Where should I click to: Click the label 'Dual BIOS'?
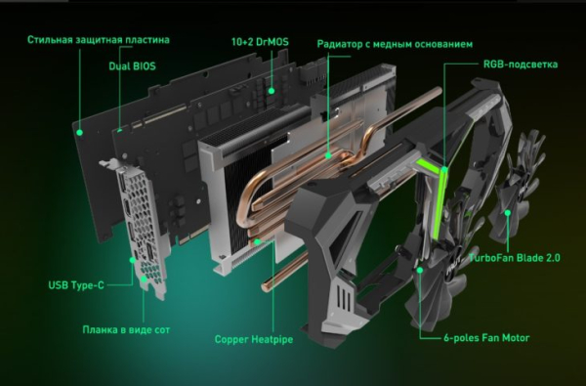point(132,66)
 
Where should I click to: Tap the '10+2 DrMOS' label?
point(260,41)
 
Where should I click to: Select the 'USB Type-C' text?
point(76,285)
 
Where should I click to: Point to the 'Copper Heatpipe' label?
point(254,340)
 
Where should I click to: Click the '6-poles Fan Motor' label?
point(486,338)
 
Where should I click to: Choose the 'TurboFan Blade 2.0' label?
point(515,258)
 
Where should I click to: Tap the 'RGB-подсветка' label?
point(521,64)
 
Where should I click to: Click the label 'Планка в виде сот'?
point(126,330)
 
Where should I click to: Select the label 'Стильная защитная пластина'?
point(99,40)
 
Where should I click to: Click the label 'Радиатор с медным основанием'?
point(395,44)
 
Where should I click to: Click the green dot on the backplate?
point(79,132)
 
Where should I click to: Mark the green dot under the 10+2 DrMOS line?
point(272,91)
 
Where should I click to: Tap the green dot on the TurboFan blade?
point(508,213)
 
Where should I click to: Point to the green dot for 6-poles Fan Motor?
point(420,270)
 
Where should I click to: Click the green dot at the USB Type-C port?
point(132,260)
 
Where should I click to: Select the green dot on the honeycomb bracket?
point(144,279)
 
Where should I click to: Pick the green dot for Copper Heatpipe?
point(257,242)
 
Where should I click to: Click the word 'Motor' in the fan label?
point(516,338)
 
